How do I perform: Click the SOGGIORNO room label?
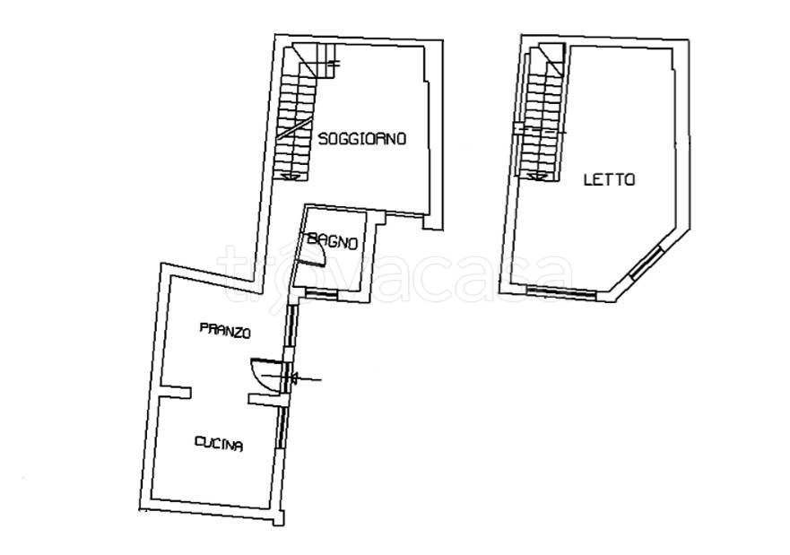[362, 138]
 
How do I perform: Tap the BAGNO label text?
[333, 242]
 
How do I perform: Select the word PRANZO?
[225, 330]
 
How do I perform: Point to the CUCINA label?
[219, 444]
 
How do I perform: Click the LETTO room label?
[609, 179]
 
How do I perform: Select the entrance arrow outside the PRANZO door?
[306, 377]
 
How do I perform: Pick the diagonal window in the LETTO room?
[647, 262]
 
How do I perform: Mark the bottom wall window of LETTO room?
[560, 291]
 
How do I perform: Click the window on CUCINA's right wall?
[282, 427]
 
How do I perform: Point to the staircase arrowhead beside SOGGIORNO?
[290, 176]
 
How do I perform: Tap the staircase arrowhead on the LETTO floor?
[538, 175]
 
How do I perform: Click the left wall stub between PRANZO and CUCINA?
[175, 391]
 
